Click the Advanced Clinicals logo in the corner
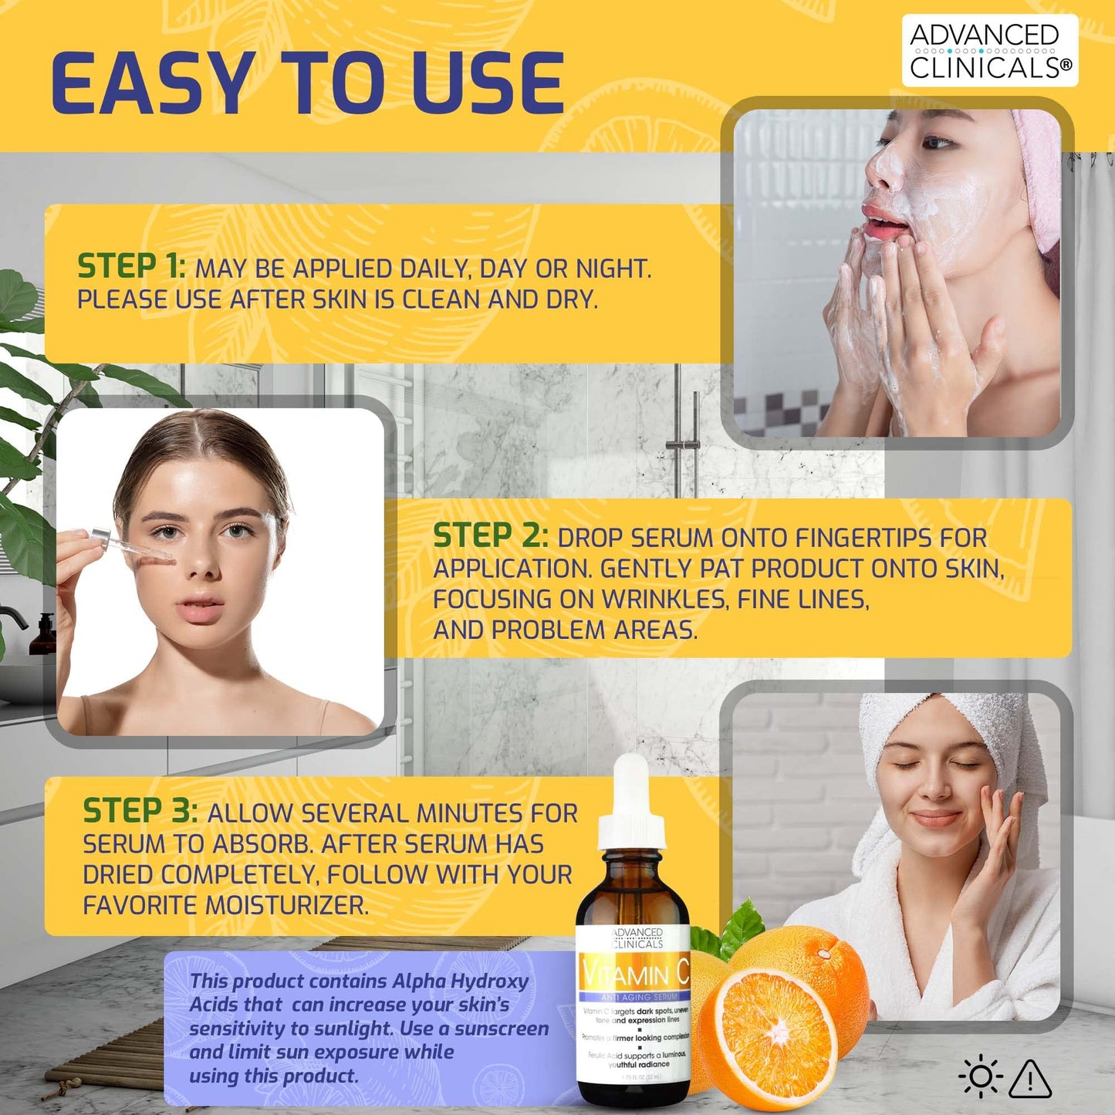click(990, 51)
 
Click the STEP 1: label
click(131, 267)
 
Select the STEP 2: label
click(490, 536)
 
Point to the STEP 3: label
click(140, 812)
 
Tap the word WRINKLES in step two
click(664, 600)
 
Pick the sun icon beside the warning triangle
click(980, 1077)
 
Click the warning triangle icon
click(1030, 1079)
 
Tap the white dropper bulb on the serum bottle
click(633, 783)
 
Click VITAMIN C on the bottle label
click(635, 975)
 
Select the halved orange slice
click(775, 1034)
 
